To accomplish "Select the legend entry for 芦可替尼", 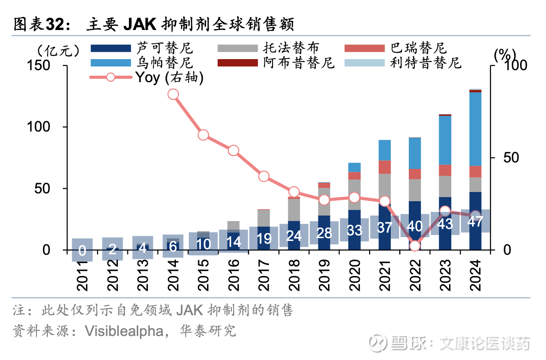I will click(x=164, y=48).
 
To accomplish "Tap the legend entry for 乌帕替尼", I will click(x=164, y=62).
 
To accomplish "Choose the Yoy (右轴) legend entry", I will click(x=169, y=77).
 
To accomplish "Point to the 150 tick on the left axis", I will click(x=39, y=66).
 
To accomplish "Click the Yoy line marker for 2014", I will click(x=173, y=95).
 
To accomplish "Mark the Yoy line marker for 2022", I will click(x=415, y=246).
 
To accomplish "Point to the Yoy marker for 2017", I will click(x=264, y=176).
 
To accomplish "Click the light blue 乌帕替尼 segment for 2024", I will click(x=475, y=129).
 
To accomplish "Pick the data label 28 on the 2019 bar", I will click(x=324, y=233).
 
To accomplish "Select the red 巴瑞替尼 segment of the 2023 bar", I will click(x=445, y=170).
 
